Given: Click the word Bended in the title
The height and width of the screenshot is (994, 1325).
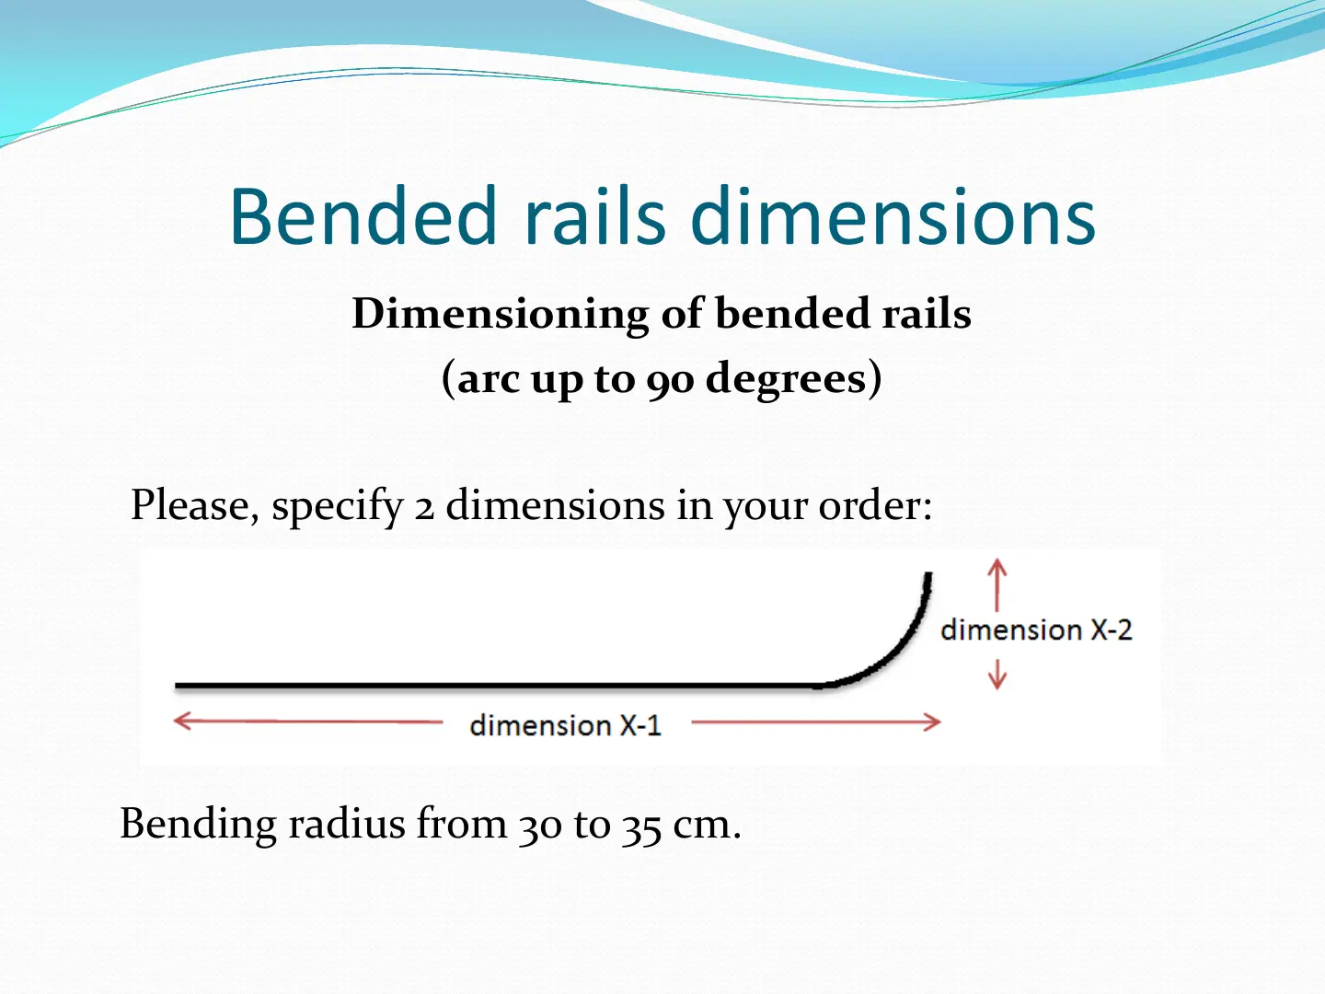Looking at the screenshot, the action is point(363,216).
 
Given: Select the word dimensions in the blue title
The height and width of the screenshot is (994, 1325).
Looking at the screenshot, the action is point(893,216).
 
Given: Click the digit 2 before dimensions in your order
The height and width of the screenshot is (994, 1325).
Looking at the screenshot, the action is point(424,509).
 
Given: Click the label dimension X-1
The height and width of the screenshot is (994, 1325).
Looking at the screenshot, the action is point(566,725).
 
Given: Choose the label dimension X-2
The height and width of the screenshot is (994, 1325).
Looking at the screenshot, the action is point(1036,630).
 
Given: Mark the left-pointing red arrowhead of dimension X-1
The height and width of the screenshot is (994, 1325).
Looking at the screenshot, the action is point(181,721).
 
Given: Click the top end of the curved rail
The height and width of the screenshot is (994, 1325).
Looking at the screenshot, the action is point(928,573).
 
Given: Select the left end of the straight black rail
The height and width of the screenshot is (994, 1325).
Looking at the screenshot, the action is point(177,686).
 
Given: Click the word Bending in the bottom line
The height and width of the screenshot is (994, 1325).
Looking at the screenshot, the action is point(199,825).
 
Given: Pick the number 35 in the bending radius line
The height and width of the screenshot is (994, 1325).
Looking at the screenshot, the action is point(641,826).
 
